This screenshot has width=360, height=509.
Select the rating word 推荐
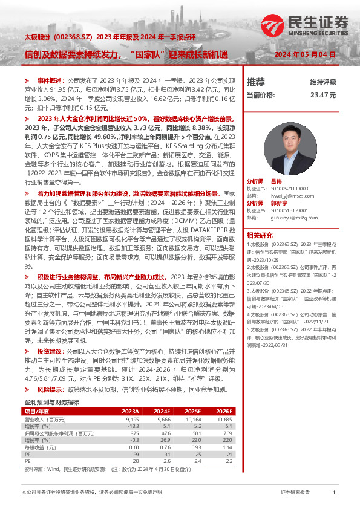pos(256,82)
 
